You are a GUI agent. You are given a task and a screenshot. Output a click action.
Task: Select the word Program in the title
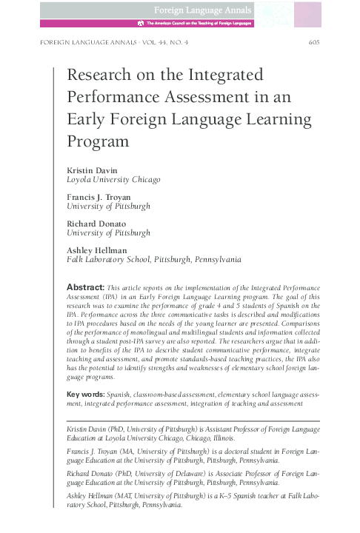pos(97,140)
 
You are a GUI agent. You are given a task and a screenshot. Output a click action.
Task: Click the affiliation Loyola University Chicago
pos(113,179)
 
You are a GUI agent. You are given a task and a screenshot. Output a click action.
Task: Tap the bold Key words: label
pos(85,395)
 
